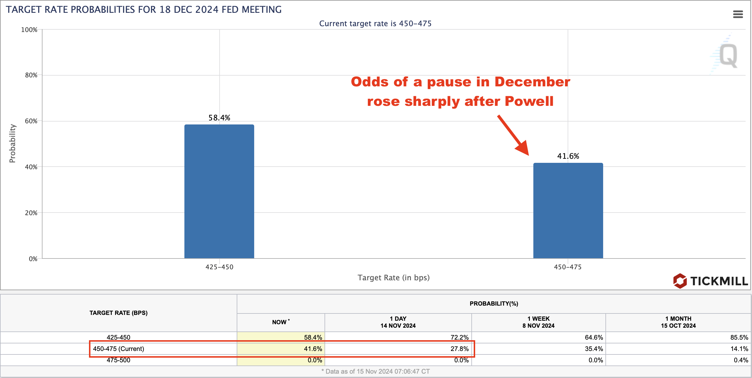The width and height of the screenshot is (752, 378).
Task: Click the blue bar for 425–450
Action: tap(219, 191)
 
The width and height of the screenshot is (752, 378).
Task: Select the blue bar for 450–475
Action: tap(568, 211)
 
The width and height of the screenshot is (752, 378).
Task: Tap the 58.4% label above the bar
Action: tap(219, 118)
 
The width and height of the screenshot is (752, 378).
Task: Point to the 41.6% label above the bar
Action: tap(568, 156)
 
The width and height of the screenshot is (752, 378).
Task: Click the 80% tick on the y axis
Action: tap(31, 75)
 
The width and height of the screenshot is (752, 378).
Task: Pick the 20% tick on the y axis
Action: tap(31, 213)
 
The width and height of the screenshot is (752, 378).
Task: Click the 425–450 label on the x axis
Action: tap(219, 267)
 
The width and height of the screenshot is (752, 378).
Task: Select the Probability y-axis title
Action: tap(12, 143)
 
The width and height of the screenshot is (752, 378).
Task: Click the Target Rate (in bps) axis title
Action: tap(393, 278)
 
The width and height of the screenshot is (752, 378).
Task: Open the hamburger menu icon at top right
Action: tap(738, 14)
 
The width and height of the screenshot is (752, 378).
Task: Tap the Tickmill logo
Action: tap(710, 281)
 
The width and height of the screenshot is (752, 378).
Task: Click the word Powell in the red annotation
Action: tap(529, 101)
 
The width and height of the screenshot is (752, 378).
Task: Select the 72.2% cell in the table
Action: tap(459, 337)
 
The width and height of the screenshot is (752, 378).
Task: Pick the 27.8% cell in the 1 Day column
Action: tap(459, 349)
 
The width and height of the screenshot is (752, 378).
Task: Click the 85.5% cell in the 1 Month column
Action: tap(739, 337)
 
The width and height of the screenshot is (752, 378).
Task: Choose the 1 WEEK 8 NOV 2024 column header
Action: tap(538, 322)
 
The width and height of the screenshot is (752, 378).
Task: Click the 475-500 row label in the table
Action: tap(118, 360)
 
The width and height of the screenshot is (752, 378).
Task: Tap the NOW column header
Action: tap(281, 322)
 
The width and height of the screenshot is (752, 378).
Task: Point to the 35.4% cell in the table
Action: tap(594, 349)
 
